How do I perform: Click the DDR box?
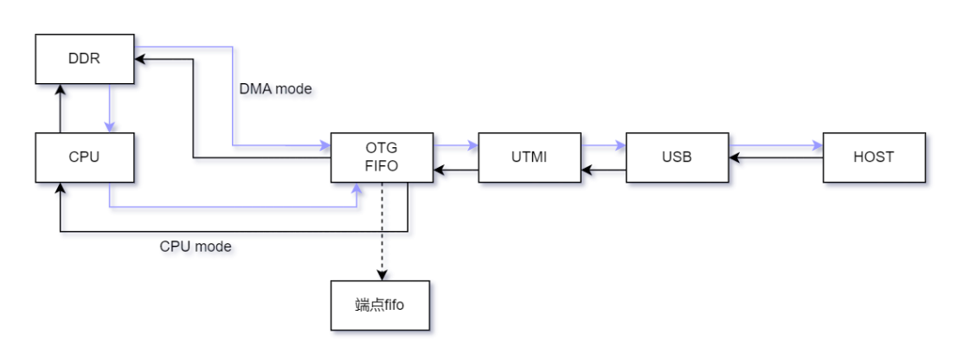85,59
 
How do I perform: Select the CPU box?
85,157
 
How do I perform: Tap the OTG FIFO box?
382,157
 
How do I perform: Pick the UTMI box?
529,157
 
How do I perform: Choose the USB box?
677,157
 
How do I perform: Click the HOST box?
874,157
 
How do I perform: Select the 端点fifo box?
380,305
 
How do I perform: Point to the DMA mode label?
275,88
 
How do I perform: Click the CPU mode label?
196,247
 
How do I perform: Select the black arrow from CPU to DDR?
60,109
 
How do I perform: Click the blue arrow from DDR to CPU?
110,109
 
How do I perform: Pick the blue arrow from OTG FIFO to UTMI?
455,145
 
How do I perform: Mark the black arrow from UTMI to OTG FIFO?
455,170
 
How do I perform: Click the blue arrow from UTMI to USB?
603,145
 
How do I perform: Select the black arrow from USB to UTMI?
603,170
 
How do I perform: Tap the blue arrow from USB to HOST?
775,145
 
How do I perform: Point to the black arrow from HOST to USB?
775,158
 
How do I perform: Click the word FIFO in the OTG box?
382,165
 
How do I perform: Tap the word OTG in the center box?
382,149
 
